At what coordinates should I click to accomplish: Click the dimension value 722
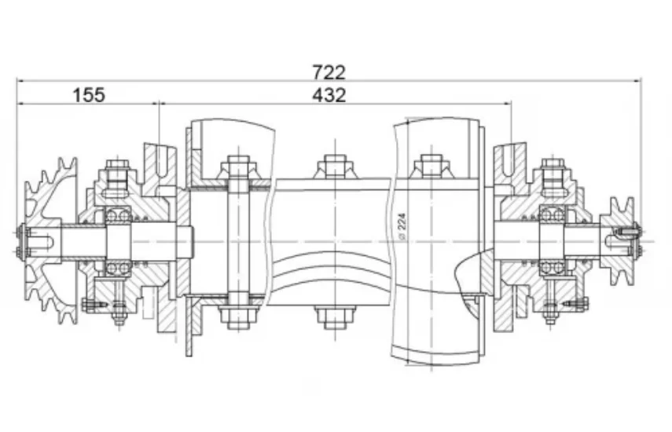(329, 72)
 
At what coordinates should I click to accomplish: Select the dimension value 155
(89, 95)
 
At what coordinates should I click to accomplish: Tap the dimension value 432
(329, 95)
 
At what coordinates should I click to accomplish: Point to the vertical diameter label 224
(402, 225)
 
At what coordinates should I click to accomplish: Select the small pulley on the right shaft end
(617, 241)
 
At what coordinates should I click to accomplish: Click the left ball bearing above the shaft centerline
(118, 214)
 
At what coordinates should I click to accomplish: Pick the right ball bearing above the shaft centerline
(552, 214)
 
